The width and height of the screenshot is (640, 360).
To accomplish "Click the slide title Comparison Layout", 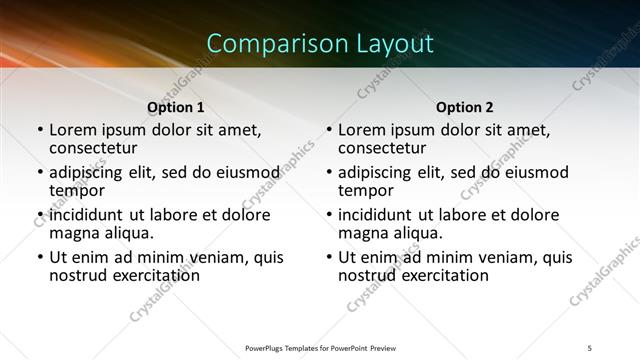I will click(320, 43).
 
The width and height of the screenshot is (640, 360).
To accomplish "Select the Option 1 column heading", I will click(176, 107).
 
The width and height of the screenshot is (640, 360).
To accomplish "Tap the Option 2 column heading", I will click(465, 107).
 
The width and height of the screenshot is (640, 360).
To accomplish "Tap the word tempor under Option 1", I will click(77, 190).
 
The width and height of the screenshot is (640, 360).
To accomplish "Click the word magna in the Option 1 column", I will click(73, 233).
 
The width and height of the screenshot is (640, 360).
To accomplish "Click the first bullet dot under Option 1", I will click(40, 130).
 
